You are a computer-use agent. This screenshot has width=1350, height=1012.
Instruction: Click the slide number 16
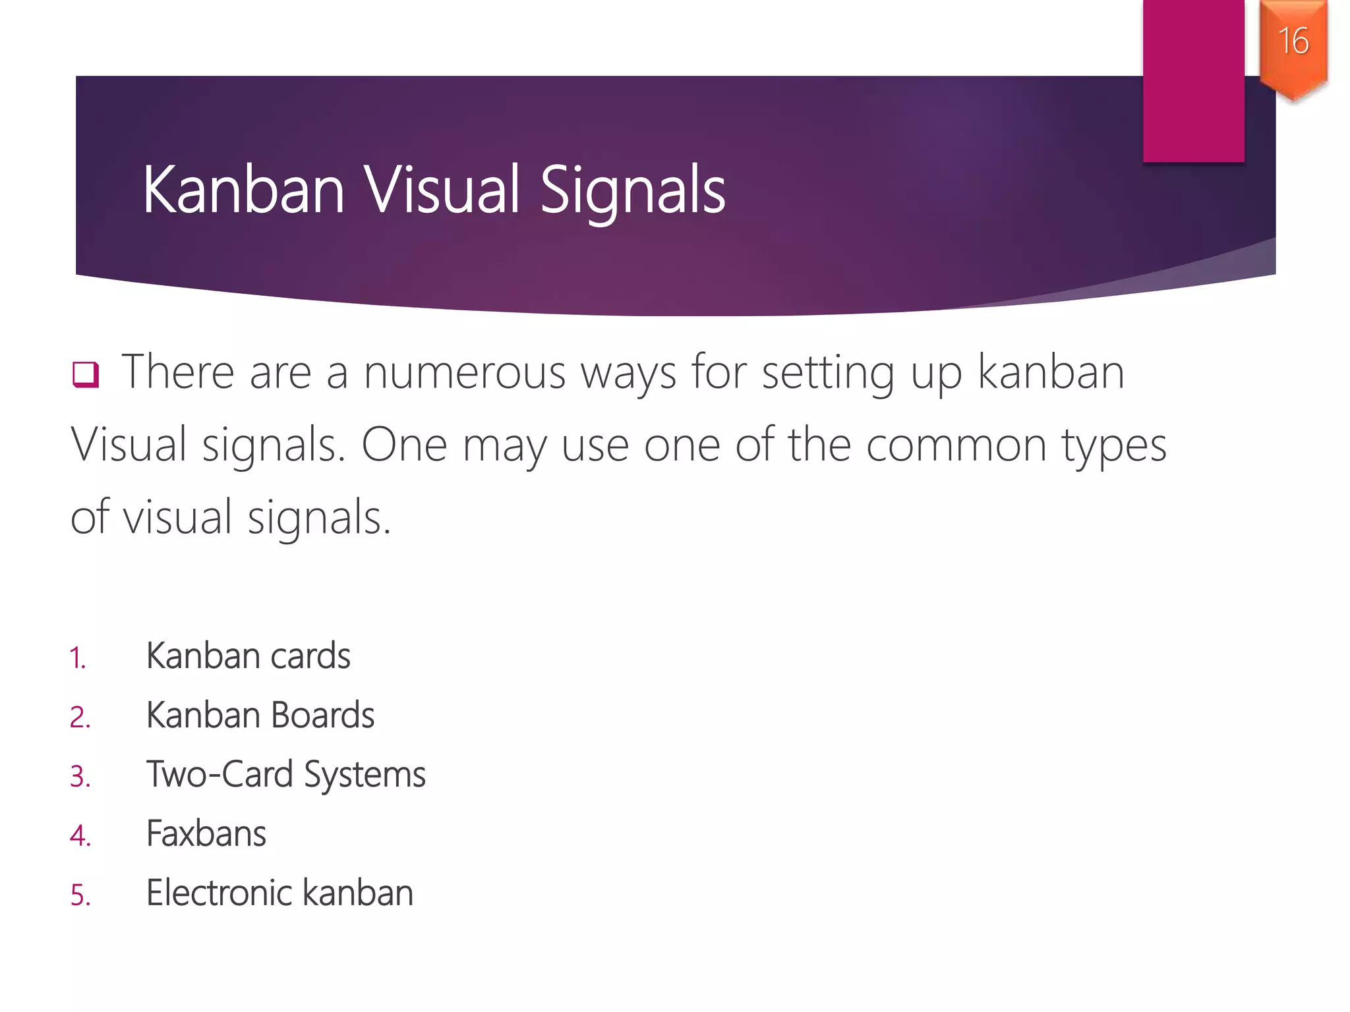click(x=1293, y=41)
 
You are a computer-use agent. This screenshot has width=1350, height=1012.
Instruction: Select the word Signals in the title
click(x=633, y=191)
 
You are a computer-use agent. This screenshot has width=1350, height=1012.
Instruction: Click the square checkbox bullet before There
click(x=86, y=374)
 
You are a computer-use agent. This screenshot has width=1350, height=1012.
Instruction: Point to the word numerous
click(x=464, y=373)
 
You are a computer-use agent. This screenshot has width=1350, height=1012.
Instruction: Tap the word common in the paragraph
click(x=956, y=445)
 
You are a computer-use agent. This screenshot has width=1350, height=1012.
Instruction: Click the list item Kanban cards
click(x=248, y=656)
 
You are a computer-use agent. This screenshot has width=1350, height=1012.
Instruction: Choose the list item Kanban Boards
click(x=260, y=716)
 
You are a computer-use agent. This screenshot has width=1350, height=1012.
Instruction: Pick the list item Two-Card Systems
click(x=285, y=775)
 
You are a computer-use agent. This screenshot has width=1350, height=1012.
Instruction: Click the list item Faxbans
click(x=206, y=834)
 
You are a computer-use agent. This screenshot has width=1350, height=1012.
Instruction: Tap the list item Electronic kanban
click(x=279, y=893)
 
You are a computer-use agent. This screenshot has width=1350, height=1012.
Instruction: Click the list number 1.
click(x=78, y=658)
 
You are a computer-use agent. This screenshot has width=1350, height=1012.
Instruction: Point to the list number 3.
click(x=80, y=777)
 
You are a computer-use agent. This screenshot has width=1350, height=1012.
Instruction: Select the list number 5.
click(x=80, y=895)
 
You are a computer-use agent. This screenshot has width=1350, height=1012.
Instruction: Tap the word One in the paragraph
click(x=404, y=445)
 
